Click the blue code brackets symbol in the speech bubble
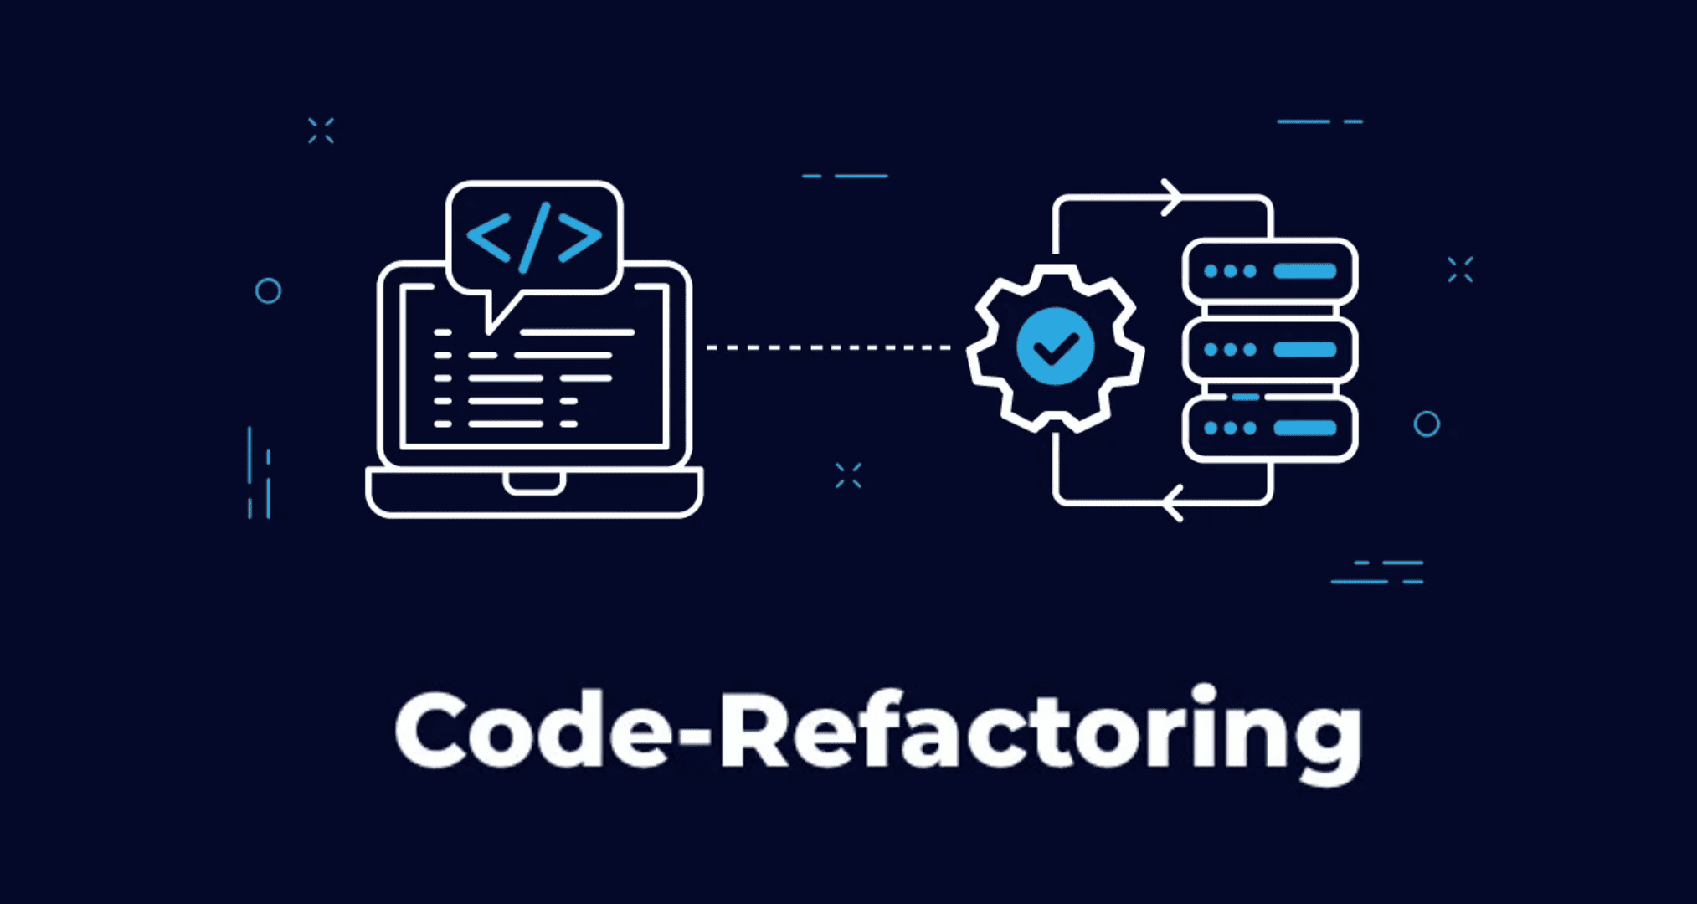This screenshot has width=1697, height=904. pos(534,238)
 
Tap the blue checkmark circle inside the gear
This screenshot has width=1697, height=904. pos(1055,347)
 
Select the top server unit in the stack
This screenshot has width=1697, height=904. pos(1269,271)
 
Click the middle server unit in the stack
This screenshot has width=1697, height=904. pos(1269,350)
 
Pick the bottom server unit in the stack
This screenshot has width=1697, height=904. pos(1269,428)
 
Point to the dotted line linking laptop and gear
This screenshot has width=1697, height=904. pos(829,347)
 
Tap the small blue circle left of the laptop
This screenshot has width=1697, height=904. pos(268,291)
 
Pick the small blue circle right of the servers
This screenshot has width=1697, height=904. pos(1427,424)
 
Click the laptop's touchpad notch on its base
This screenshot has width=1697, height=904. pos(533,483)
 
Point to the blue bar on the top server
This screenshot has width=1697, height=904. pos(1304,271)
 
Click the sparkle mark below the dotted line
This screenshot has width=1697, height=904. pos(848,475)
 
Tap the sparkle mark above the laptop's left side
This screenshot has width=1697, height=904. pos(321,131)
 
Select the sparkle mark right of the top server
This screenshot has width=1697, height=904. pos(1460,270)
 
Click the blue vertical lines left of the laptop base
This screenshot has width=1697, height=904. pos(259,474)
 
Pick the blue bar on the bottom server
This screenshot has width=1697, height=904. pos(1304,428)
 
